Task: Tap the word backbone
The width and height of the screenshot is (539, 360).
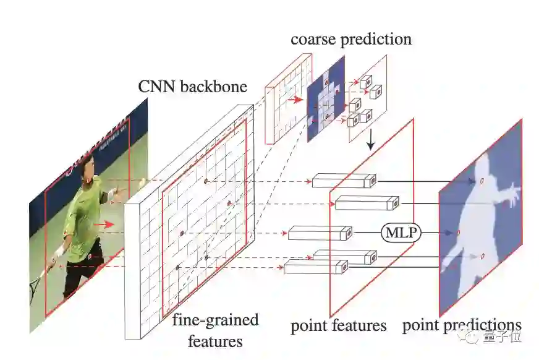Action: [x=213, y=86]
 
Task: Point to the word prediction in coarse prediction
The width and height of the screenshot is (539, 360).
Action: [x=375, y=40]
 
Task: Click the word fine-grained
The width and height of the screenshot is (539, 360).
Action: [x=215, y=320]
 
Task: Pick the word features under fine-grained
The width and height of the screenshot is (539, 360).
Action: [x=216, y=340]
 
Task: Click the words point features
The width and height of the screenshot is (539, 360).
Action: [x=338, y=325]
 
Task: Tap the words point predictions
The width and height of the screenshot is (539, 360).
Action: [x=462, y=325]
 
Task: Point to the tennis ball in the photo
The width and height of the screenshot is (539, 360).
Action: [x=143, y=182]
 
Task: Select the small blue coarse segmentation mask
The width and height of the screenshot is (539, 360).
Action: [x=325, y=99]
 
